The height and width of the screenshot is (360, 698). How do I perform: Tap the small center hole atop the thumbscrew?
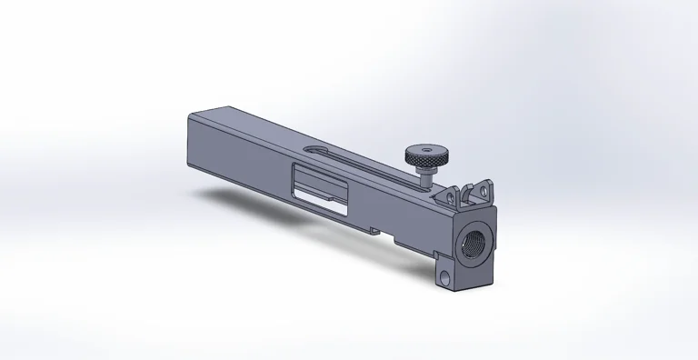(x=424, y=147)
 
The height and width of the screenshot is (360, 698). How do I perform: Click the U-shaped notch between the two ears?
(x=464, y=197)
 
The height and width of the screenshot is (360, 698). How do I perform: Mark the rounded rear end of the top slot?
(x=313, y=150)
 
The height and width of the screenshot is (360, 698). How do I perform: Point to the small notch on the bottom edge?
(x=374, y=231)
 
